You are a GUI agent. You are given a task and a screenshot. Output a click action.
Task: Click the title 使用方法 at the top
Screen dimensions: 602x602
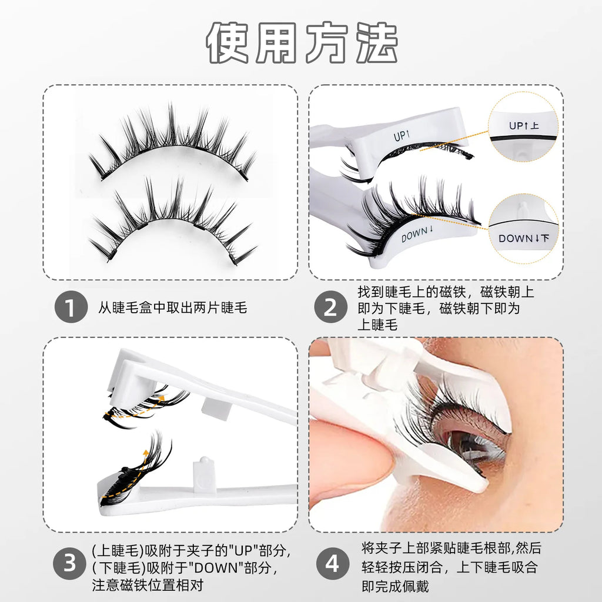[x=301, y=44]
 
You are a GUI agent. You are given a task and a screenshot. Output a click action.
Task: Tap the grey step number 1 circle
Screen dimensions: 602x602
[x=70, y=307]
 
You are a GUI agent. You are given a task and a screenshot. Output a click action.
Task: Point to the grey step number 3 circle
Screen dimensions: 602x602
[x=70, y=565]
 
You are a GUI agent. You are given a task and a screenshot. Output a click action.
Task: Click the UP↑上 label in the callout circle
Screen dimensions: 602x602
[x=523, y=125]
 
